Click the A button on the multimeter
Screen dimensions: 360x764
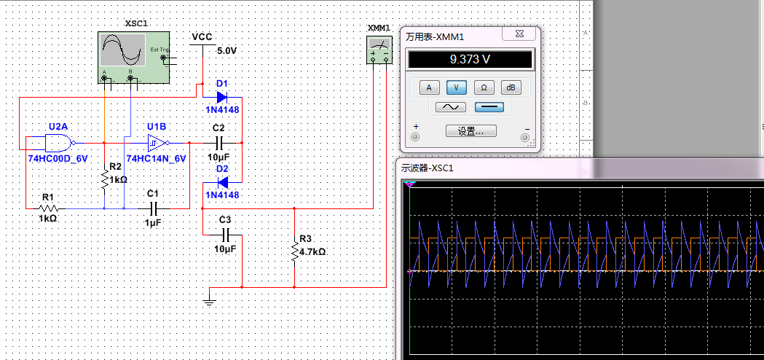428,87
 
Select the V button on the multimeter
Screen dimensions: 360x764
456,87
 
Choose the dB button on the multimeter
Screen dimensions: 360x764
511,87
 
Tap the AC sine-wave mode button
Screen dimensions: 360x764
451,107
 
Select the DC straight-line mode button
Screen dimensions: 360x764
489,107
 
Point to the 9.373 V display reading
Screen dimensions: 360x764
470,60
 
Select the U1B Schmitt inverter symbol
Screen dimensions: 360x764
157,142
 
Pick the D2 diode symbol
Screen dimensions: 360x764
221,182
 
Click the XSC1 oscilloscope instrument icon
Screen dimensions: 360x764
133,58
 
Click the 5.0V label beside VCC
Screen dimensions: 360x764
227,51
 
